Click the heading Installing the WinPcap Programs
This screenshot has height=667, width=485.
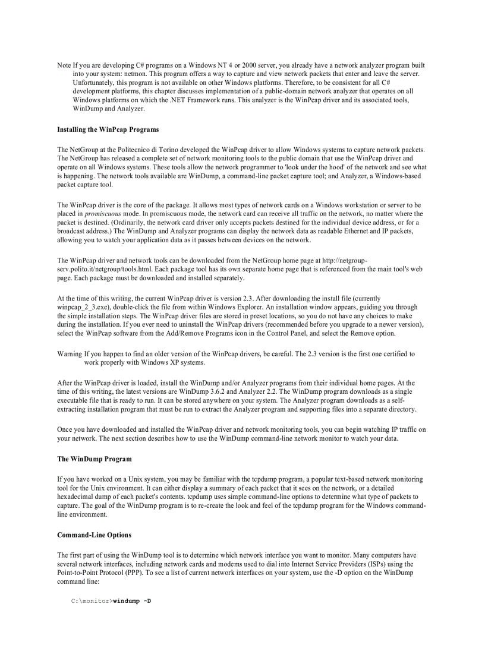click(x=108, y=129)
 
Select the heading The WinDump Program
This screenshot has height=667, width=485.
click(x=94, y=459)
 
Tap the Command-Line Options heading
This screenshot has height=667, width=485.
click(x=94, y=535)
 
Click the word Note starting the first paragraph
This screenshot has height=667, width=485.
click(x=64, y=65)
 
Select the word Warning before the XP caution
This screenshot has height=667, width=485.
click(x=69, y=354)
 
